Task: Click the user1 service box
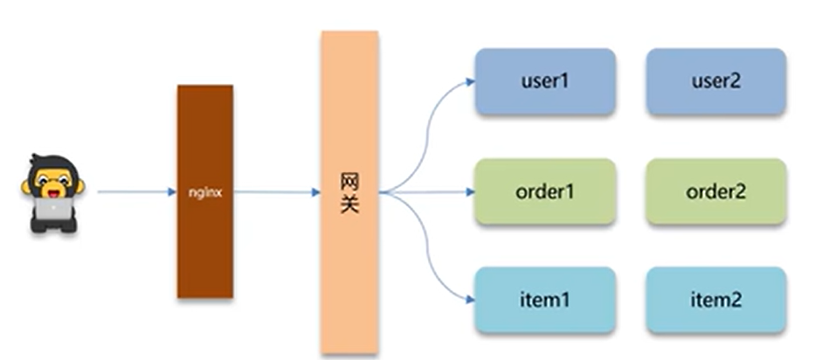(545, 82)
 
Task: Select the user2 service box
(716, 82)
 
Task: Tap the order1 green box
(545, 191)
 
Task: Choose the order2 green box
(716, 191)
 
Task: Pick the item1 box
(545, 300)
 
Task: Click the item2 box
(716, 300)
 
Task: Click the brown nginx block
(205, 245)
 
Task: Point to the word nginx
(205, 192)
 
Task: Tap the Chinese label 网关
(349, 193)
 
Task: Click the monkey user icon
(53, 193)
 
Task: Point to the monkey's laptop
(53, 209)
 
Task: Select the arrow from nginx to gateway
(275, 191)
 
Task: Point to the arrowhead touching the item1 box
(470, 300)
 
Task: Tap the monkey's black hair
(53, 163)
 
